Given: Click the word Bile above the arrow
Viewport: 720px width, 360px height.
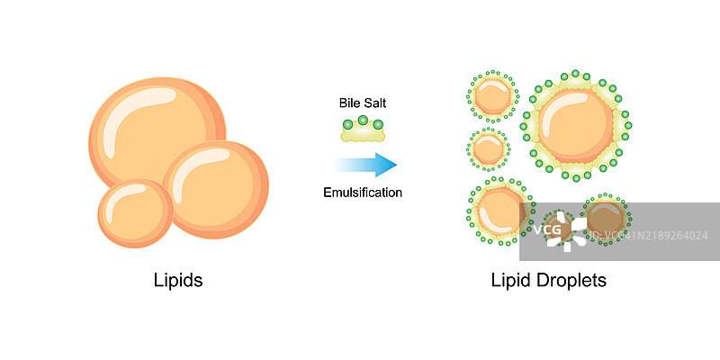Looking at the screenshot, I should [x=350, y=103].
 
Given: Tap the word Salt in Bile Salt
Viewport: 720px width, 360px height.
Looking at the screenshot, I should [x=374, y=103].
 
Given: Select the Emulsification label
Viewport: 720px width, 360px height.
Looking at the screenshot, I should [x=363, y=192].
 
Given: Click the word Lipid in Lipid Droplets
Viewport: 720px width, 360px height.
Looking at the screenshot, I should [x=512, y=280].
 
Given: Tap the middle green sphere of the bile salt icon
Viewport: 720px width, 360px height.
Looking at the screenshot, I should [x=363, y=121].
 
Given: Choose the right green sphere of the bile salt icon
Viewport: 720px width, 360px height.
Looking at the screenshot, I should [x=376, y=126].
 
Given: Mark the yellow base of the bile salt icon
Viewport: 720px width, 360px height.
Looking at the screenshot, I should [x=363, y=136].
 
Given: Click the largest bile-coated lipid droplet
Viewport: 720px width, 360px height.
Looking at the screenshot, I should [x=576, y=125].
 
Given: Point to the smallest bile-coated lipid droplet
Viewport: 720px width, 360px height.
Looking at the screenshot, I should [x=489, y=148].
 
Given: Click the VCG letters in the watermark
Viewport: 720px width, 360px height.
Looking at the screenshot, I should [x=547, y=231].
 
